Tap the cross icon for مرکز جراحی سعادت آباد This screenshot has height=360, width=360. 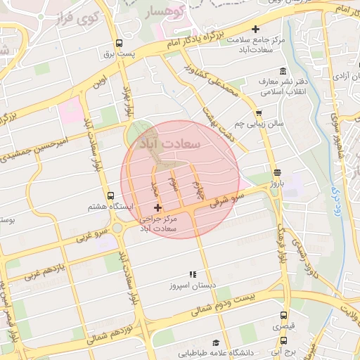point(157,208)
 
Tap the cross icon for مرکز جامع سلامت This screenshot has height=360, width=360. point(255,30)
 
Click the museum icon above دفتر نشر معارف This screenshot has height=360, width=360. point(283,70)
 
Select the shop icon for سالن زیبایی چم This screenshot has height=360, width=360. point(259,112)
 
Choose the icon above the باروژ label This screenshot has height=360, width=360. point(276,172)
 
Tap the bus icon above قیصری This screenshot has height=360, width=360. point(283,316)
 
